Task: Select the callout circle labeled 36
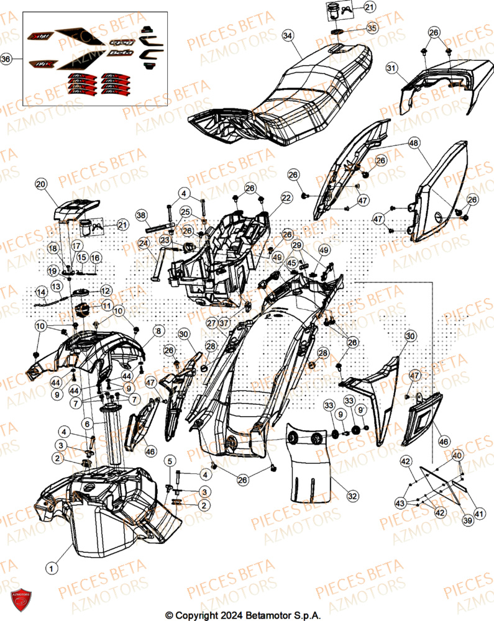click(6, 60)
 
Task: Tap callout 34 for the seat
click(287, 35)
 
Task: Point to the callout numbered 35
click(371, 28)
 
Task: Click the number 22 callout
click(286, 197)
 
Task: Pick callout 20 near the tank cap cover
click(40, 184)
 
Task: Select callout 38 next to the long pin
click(141, 215)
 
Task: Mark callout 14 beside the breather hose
click(41, 291)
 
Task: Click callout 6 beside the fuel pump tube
click(87, 423)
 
